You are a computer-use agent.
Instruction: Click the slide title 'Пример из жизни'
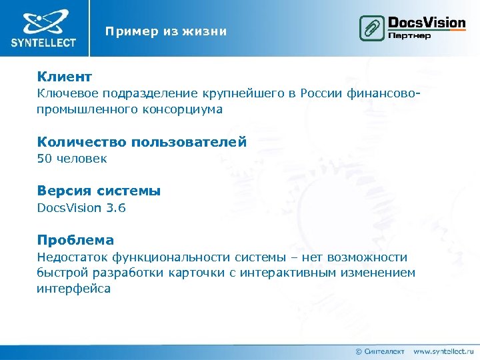pyautogui.click(x=165, y=31)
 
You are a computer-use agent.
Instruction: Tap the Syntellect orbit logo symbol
pyautogui.click(x=43, y=23)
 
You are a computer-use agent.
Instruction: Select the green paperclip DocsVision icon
pyautogui.click(x=371, y=29)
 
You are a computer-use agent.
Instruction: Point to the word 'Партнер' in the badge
pyautogui.click(x=409, y=35)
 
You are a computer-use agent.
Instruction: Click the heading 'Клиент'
pyautogui.click(x=65, y=77)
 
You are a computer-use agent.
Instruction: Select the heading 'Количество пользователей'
pyautogui.click(x=142, y=141)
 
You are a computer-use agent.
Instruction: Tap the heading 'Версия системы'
pyautogui.click(x=99, y=191)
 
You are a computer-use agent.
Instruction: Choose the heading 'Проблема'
pyautogui.click(x=75, y=240)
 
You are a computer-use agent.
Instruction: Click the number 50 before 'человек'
pyautogui.click(x=44, y=159)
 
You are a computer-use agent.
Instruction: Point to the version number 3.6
pyautogui.click(x=115, y=208)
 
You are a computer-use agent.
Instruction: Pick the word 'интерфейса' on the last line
pyautogui.click(x=73, y=289)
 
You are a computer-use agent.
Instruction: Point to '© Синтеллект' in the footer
pyautogui.click(x=380, y=351)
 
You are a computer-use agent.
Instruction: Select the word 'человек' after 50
pyautogui.click(x=81, y=159)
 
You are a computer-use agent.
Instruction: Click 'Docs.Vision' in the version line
pyautogui.click(x=69, y=208)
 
